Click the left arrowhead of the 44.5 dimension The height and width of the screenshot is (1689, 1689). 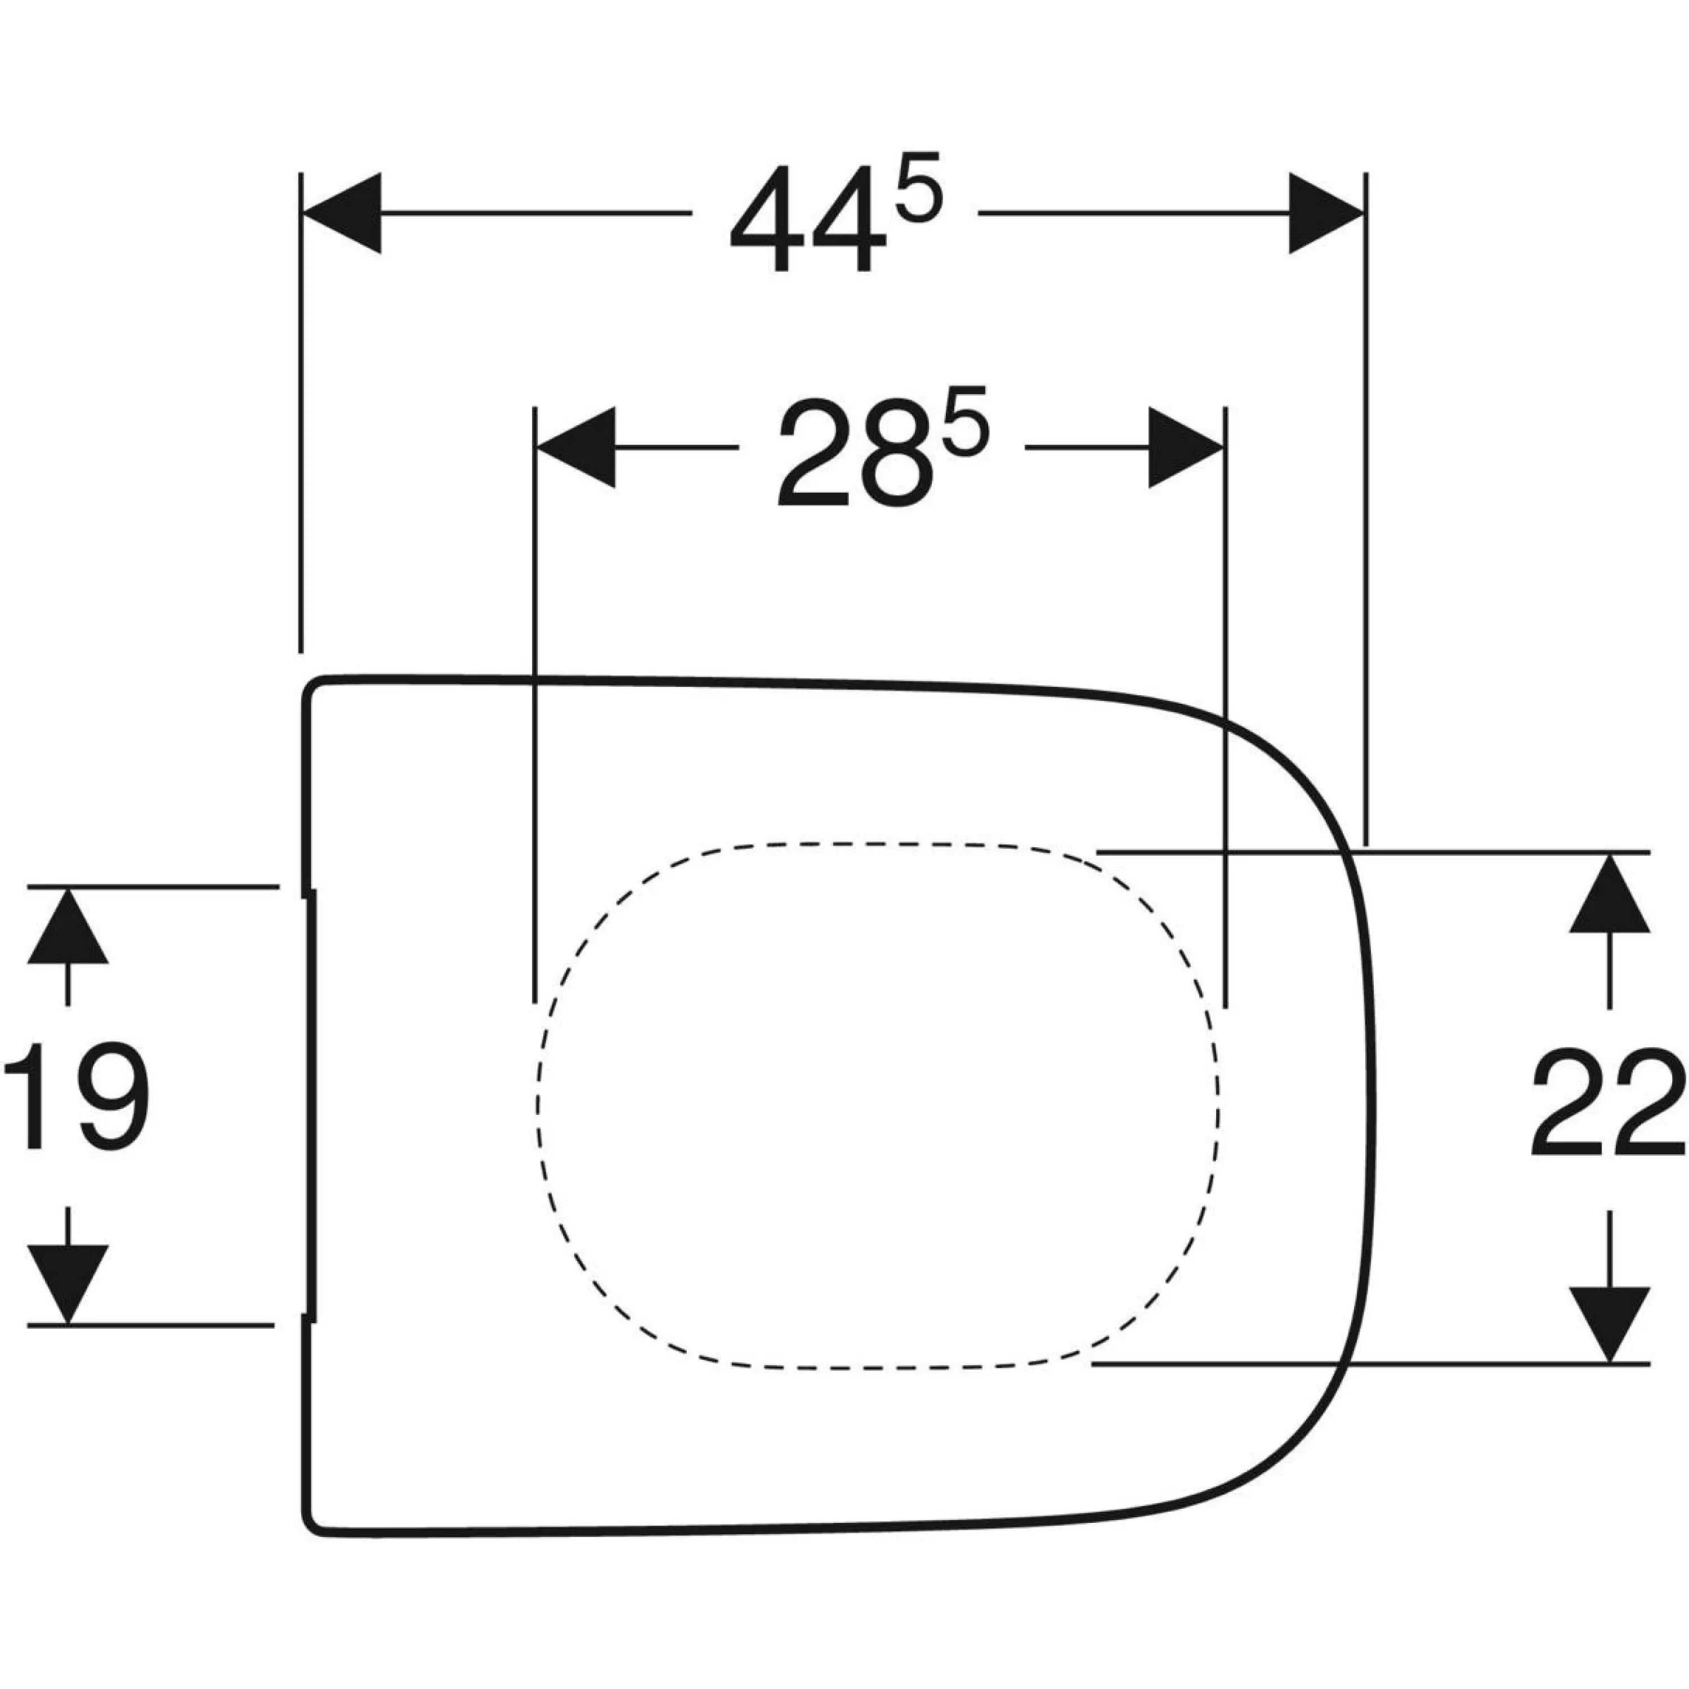tap(341, 212)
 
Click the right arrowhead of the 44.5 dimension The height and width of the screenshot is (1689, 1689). tap(1327, 212)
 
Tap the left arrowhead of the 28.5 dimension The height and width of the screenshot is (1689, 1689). tap(575, 446)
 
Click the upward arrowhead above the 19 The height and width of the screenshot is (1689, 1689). tap(68, 925)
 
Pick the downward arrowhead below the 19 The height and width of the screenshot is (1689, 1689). tap(68, 1284)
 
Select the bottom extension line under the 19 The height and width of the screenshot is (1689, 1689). tap(151, 1325)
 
